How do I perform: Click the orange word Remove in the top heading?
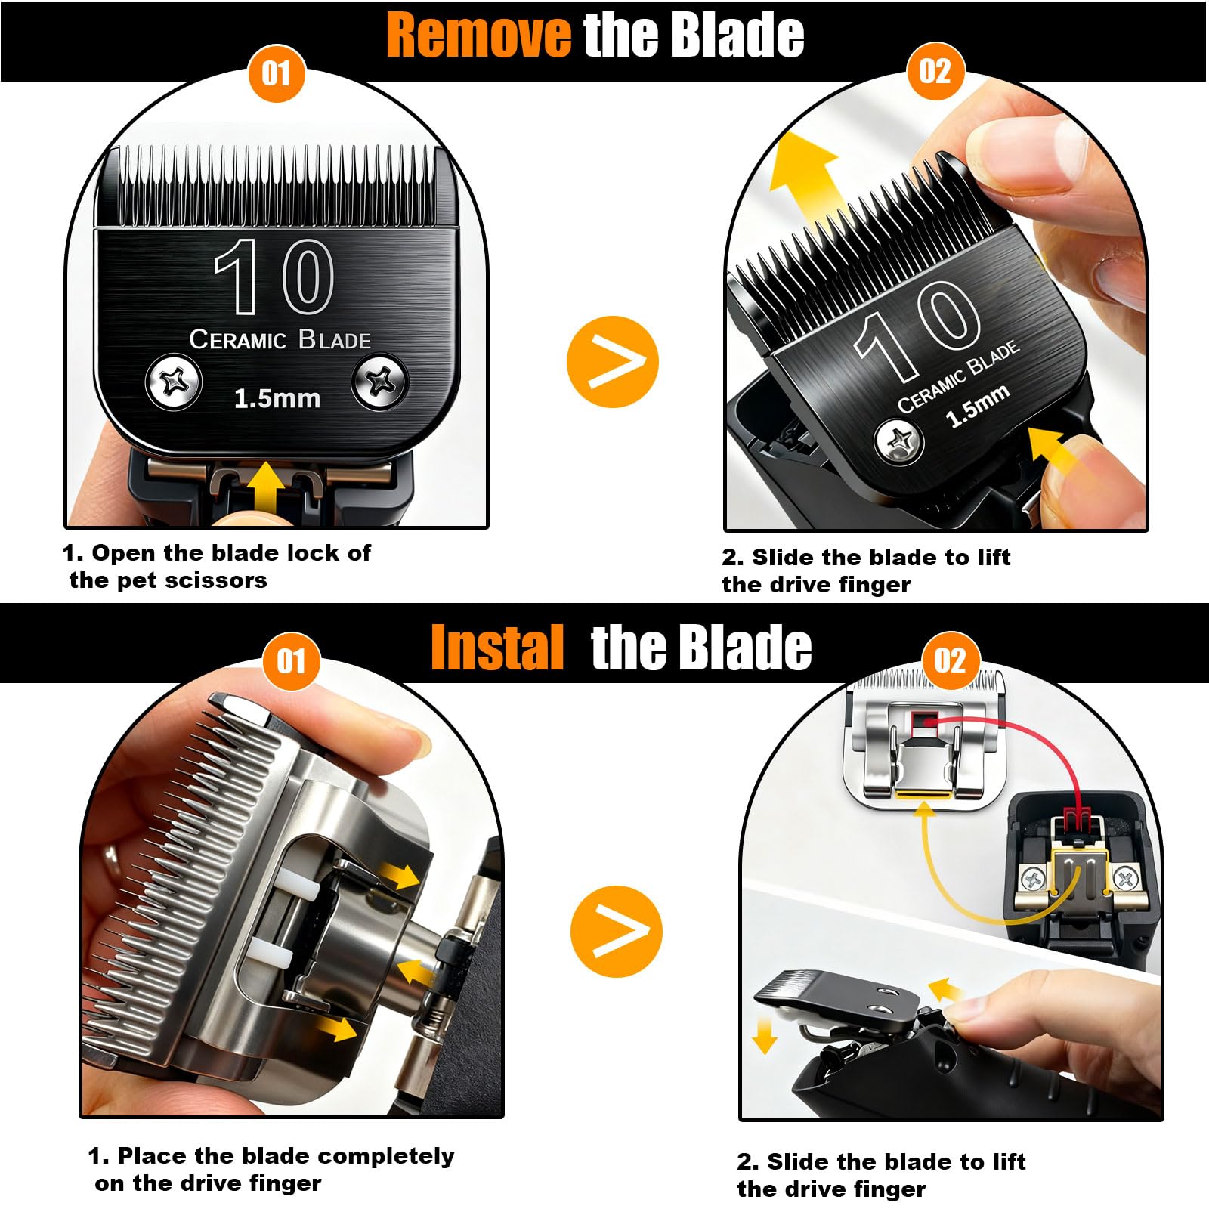pyautogui.click(x=479, y=35)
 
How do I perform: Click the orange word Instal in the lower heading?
pyautogui.click(x=497, y=648)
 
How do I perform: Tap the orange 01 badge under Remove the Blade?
pyautogui.click(x=277, y=74)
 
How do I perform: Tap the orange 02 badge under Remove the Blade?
pyautogui.click(x=935, y=72)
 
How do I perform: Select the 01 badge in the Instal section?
pyautogui.click(x=291, y=662)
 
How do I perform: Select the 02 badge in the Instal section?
pyautogui.click(x=950, y=660)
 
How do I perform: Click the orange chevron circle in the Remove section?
pyautogui.click(x=613, y=362)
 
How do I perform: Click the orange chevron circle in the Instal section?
pyautogui.click(x=617, y=931)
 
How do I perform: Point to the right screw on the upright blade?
pyautogui.click(x=381, y=382)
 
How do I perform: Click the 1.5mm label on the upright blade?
pyautogui.click(x=277, y=398)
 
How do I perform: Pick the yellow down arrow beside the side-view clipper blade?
pyautogui.click(x=765, y=1034)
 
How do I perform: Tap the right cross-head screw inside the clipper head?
pyautogui.click(x=1125, y=879)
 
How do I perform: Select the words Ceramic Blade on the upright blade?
pyautogui.click(x=280, y=339)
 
